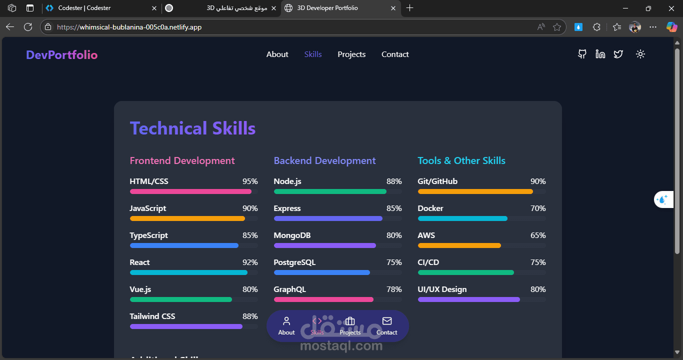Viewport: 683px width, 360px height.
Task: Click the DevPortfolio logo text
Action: coord(61,55)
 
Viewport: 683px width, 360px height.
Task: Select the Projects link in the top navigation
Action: coord(351,54)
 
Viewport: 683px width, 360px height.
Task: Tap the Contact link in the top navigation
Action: coord(395,54)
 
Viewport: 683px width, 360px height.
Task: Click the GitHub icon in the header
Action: coord(582,54)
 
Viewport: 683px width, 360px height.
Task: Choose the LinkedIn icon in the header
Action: coord(600,54)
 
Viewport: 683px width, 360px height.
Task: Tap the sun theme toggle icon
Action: coord(640,54)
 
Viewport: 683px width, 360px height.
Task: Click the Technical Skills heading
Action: coord(192,128)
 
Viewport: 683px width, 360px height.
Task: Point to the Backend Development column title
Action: coord(324,160)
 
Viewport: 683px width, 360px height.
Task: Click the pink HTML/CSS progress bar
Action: coord(190,191)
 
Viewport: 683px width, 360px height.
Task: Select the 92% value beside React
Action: coord(250,262)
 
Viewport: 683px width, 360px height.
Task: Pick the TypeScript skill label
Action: coord(148,235)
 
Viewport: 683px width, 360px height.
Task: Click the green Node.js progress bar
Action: coord(330,191)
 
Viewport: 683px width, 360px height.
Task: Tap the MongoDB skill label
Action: coord(292,235)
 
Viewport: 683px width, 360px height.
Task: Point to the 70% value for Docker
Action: coord(538,208)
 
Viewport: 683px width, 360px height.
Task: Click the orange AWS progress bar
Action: coord(459,245)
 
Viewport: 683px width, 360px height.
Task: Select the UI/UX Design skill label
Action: coord(442,289)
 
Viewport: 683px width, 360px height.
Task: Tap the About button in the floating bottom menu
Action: coord(286,326)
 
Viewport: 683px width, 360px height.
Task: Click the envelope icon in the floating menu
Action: coord(387,321)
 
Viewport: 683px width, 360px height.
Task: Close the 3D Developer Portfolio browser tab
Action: coord(393,8)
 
